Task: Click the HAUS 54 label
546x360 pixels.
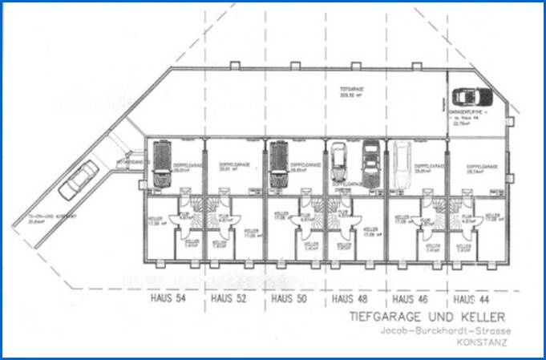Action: [169, 299]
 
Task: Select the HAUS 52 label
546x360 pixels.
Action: [227, 299]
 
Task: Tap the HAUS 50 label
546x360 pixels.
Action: [287, 299]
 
